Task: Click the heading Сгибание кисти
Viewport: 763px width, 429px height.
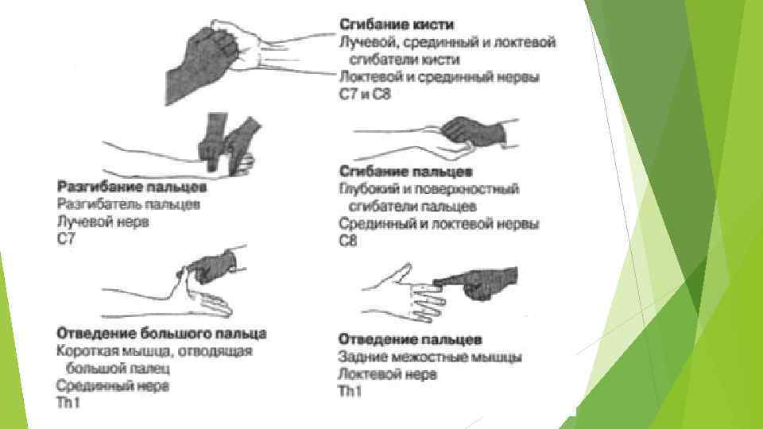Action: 397,25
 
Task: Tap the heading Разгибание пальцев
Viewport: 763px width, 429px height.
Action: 132,187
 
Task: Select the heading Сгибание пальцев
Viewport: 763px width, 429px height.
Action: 405,172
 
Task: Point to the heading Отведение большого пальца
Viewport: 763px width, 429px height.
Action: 161,334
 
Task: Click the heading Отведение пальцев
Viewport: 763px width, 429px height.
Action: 410,339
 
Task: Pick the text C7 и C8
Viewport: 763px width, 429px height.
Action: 365,94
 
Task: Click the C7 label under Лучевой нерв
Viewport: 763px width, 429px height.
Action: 66,239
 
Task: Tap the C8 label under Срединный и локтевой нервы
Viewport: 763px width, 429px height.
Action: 347,240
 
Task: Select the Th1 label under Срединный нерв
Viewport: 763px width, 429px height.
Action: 68,403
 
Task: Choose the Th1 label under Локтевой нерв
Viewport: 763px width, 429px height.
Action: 350,391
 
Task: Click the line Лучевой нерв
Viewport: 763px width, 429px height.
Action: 103,222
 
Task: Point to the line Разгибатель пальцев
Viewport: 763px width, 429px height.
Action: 129,204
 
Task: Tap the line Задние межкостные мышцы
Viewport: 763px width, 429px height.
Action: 430,357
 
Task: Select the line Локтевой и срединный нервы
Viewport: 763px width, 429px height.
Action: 440,77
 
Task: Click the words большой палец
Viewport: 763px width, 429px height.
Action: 118,368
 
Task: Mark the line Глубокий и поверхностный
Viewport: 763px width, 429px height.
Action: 428,189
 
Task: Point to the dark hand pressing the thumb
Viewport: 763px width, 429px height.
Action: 213,267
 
